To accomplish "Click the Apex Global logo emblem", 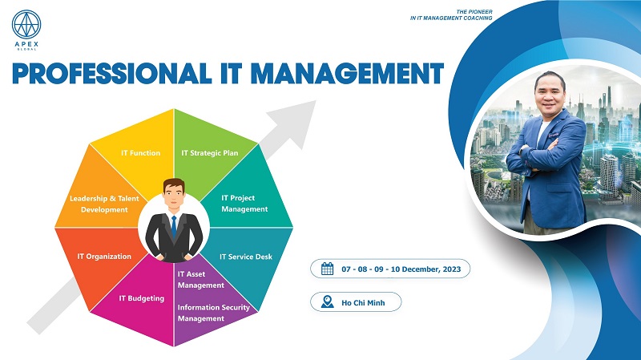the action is tap(26, 25).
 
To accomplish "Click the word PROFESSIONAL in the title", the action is tap(112, 74).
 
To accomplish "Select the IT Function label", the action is tap(141, 153).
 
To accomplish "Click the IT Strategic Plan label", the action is tap(210, 153).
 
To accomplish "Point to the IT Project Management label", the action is tap(244, 204).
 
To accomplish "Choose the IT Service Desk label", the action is tap(246, 257).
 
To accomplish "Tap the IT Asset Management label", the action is tap(201, 279).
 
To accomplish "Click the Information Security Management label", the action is tap(213, 313).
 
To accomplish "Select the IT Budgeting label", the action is tap(142, 298).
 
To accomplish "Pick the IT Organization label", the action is tap(104, 257).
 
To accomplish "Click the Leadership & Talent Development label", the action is tap(104, 204).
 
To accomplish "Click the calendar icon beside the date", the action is tap(328, 269).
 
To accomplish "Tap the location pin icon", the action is tap(328, 302).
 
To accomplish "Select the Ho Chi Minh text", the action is tap(363, 303).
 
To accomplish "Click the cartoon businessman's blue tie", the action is tap(174, 227).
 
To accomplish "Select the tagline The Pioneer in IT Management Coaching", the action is tap(451, 14).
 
